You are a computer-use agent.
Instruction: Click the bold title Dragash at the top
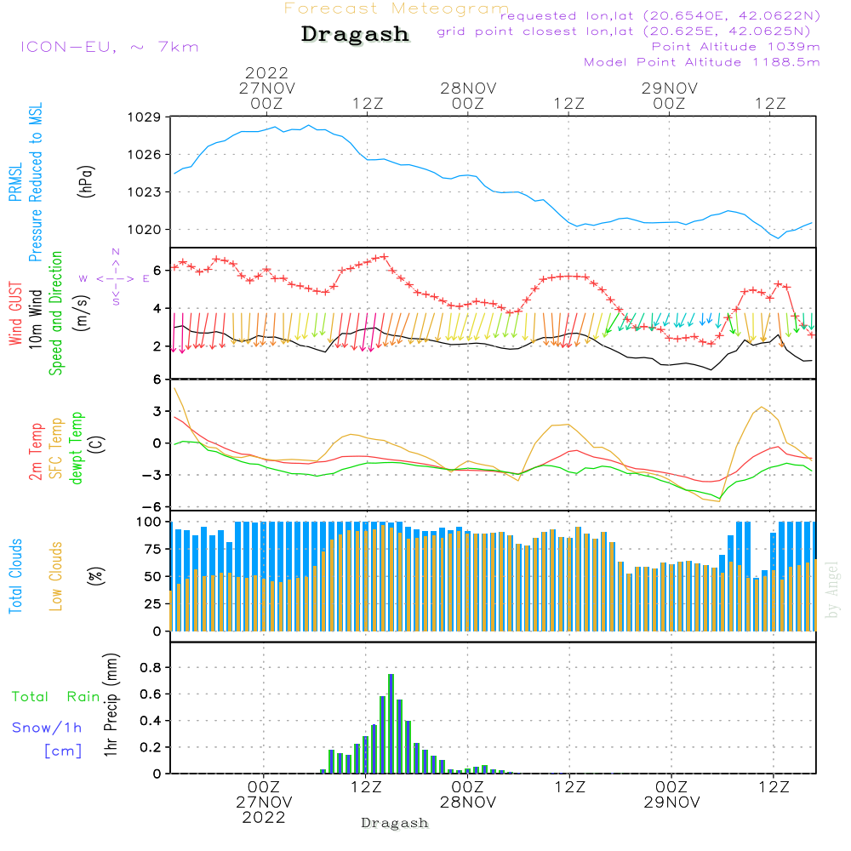tap(355, 35)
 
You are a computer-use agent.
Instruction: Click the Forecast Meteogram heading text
tap(397, 9)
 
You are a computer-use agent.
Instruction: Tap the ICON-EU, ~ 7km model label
tap(109, 47)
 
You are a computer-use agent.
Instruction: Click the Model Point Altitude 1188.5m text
tap(702, 62)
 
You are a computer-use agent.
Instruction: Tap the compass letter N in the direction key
tap(116, 252)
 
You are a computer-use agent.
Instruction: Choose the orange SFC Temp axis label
tap(56, 448)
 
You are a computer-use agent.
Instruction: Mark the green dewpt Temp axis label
tap(77, 448)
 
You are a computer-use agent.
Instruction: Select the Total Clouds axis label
tap(15, 576)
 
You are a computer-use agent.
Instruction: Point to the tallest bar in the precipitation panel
tap(391, 723)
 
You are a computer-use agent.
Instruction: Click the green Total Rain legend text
tap(55, 697)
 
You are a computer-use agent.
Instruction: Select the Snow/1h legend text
tap(48, 728)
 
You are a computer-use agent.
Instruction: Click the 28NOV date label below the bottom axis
tap(467, 802)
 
